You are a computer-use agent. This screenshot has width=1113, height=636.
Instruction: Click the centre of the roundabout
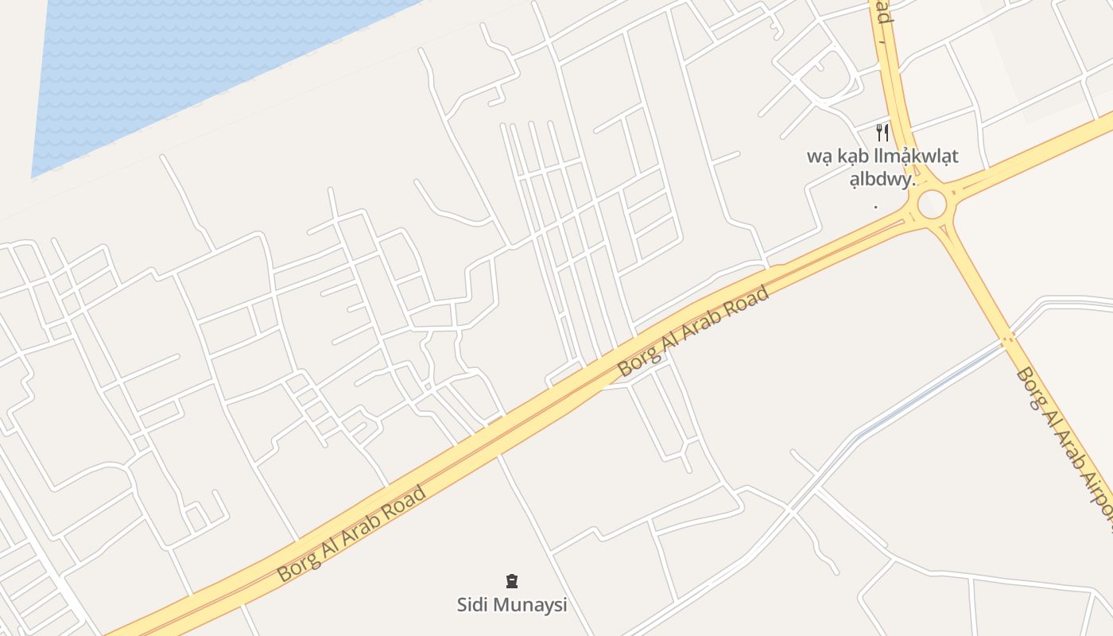(932, 204)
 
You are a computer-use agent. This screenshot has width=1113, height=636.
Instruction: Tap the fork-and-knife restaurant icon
(882, 132)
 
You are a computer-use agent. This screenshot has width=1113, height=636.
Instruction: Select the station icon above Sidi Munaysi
(511, 581)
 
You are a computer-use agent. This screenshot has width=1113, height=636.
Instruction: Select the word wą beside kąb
(819, 157)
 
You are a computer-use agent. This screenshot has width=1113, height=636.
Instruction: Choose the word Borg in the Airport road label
(1031, 387)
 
